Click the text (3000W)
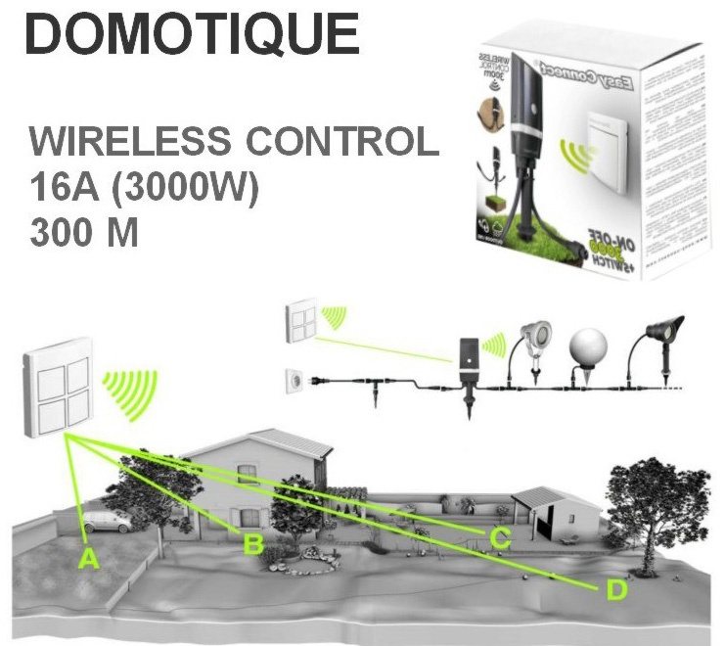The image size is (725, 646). click(187, 189)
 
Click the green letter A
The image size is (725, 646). click(88, 559)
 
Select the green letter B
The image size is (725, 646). click(251, 544)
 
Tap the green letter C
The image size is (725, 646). click(500, 536)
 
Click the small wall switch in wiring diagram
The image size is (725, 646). click(298, 321)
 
